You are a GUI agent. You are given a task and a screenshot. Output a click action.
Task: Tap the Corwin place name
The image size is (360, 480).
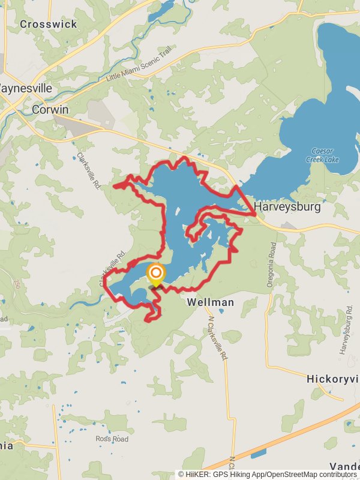click(50, 109)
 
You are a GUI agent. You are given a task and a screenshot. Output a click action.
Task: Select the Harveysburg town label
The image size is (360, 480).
click(287, 207)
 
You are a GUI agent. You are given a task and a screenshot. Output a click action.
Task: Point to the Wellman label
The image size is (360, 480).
click(210, 302)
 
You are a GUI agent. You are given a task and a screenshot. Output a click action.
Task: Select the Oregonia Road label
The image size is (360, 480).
click(271, 263)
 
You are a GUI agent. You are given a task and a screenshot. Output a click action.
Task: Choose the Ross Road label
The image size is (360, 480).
click(112, 439)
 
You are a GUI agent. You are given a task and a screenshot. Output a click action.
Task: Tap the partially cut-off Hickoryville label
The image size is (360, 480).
click(333, 379)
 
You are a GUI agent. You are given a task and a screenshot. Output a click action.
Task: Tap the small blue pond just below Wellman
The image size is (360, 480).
click(221, 311)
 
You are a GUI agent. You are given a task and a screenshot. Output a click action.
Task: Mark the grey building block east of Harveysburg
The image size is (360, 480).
click(289, 226)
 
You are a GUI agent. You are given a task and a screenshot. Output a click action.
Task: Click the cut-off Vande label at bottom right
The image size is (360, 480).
click(344, 467)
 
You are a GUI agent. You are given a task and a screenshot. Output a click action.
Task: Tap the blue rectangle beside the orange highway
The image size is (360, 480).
click(259, 454)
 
